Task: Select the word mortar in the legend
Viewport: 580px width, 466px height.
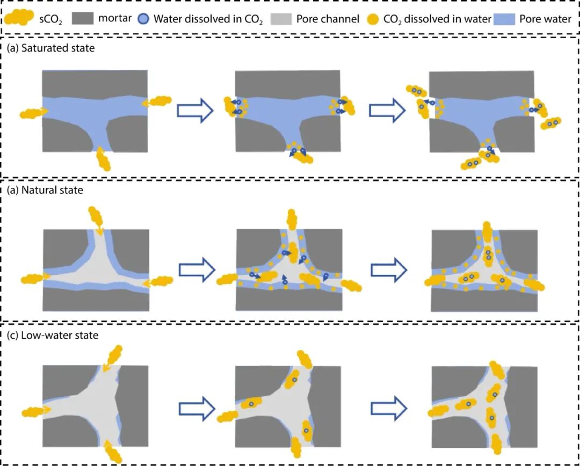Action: click(115, 19)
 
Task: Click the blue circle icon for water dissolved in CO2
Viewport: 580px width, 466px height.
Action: click(146, 19)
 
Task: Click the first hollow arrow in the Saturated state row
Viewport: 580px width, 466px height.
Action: click(195, 111)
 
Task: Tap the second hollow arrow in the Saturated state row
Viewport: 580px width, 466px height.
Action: click(387, 111)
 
